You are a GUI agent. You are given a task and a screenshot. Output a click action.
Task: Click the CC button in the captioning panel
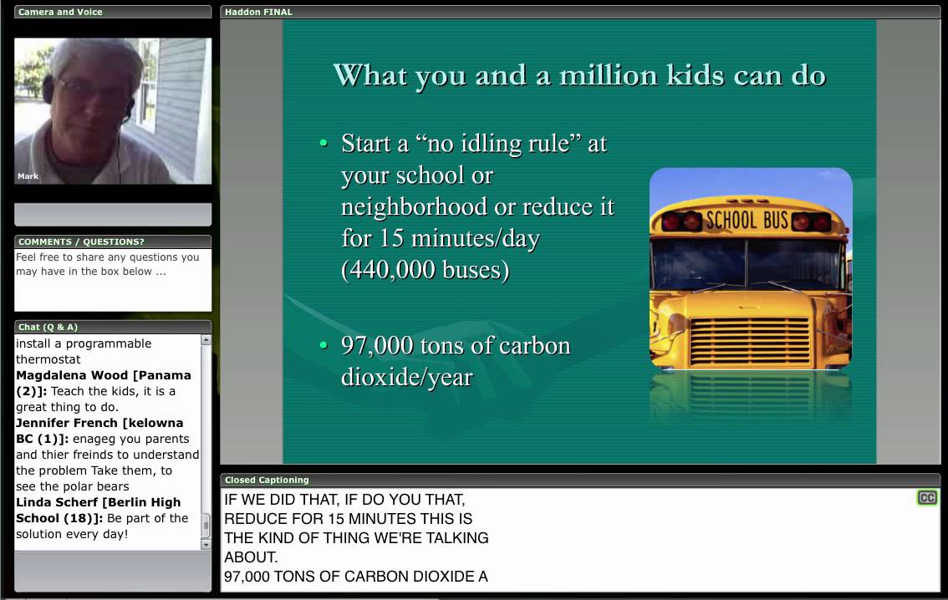pos(927,498)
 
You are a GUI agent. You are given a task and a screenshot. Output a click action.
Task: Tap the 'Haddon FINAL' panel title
pos(258,13)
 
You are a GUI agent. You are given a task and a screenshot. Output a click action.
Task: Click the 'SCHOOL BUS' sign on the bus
pos(747,221)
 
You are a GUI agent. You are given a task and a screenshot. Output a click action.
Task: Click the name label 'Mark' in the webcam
pos(28,176)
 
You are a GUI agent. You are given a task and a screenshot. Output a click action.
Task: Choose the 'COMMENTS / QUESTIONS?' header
pos(81,242)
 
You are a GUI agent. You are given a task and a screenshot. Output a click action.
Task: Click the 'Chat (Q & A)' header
pos(48,327)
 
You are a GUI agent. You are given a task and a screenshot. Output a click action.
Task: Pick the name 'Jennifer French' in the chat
pos(69,423)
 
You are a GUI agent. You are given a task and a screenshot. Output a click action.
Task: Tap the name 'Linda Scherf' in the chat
pos(56,502)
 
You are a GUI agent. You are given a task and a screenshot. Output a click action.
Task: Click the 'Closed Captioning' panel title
pos(267,481)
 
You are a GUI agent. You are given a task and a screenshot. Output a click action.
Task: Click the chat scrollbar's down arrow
pos(206,544)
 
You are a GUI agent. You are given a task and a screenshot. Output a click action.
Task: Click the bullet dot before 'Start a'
pos(324,144)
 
